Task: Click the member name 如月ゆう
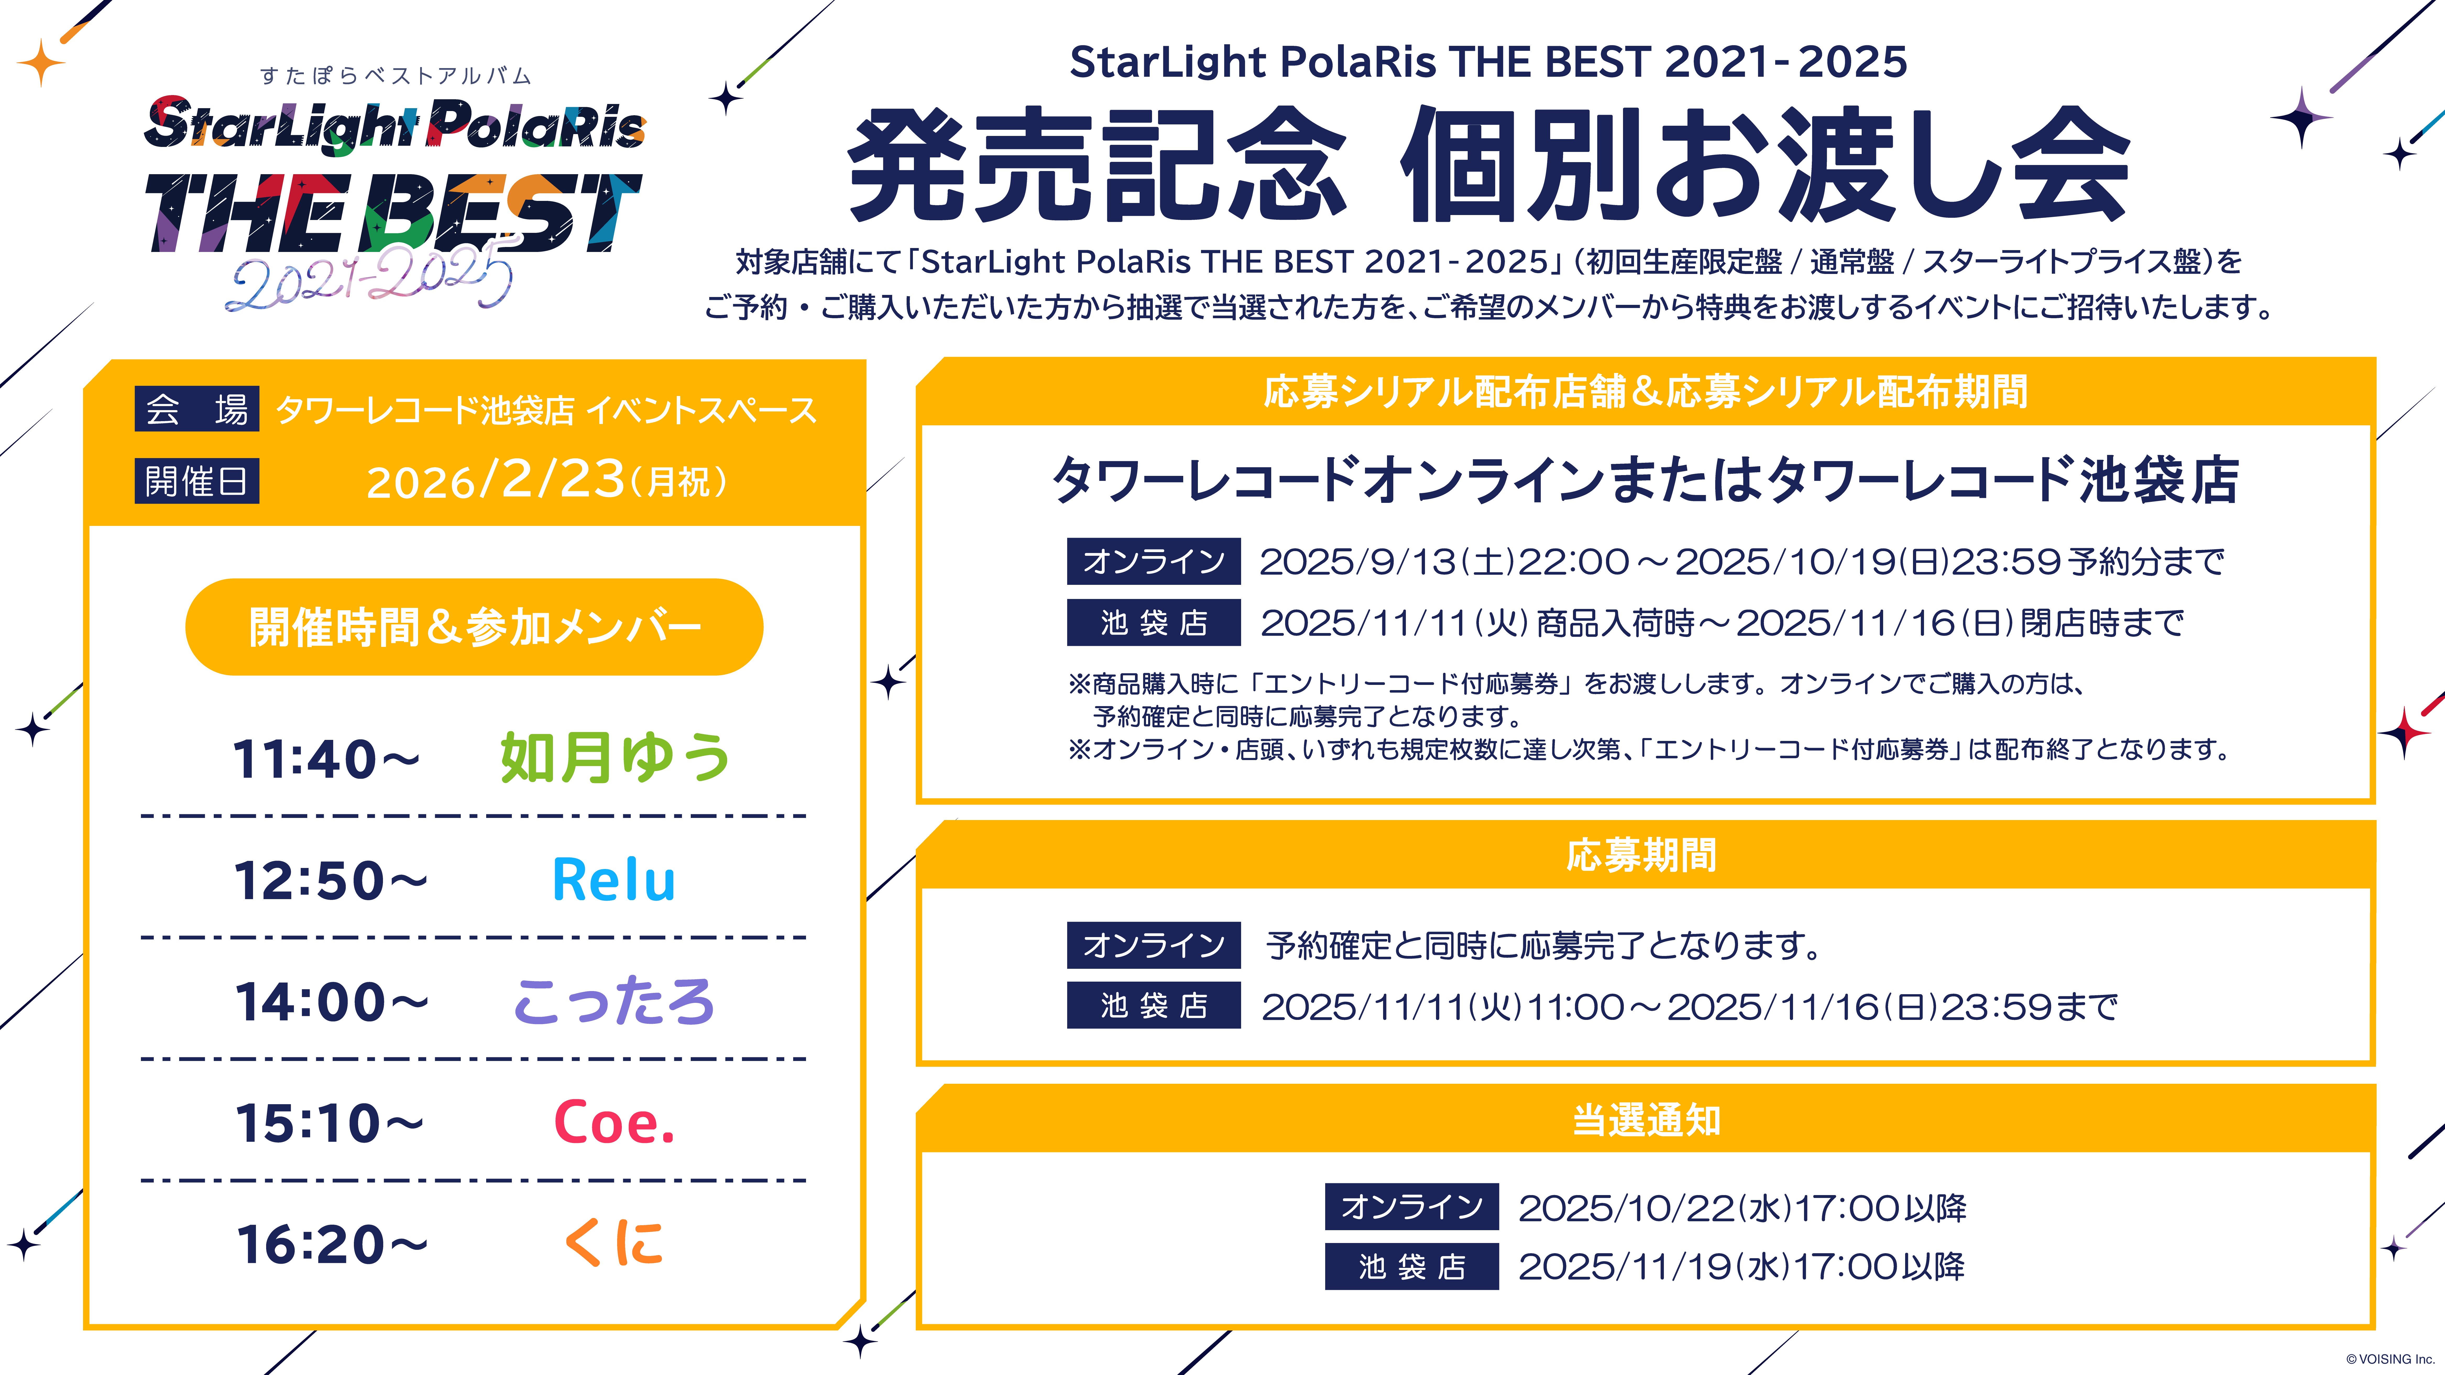point(615,758)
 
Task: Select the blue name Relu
point(614,880)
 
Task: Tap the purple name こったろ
point(614,1001)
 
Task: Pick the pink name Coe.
point(614,1123)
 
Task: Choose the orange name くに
point(614,1243)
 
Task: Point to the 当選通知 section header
point(1646,1120)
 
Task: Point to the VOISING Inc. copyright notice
point(2390,1359)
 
